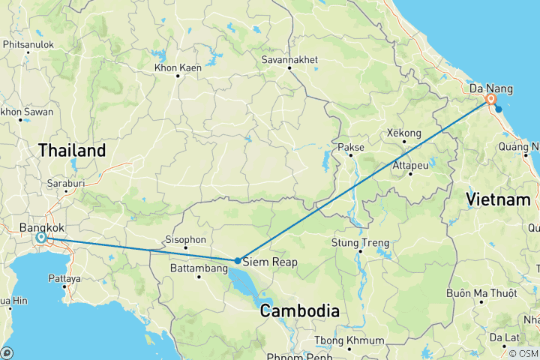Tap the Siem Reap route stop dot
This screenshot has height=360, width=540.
click(x=237, y=261)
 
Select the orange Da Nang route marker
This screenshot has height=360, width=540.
click(x=491, y=99)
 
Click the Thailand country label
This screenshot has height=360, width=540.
click(x=72, y=151)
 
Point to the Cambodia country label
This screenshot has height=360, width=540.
click(x=299, y=310)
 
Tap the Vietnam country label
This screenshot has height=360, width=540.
click(x=498, y=199)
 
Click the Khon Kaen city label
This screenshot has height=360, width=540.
click(x=177, y=68)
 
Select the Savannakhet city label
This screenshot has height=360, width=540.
click(x=289, y=59)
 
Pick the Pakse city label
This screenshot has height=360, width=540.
click(x=351, y=147)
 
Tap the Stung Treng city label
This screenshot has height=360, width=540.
click(x=361, y=242)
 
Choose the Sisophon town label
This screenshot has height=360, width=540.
click(x=184, y=239)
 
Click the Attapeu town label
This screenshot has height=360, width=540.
click(x=409, y=165)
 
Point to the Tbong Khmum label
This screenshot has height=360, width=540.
click(x=349, y=341)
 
